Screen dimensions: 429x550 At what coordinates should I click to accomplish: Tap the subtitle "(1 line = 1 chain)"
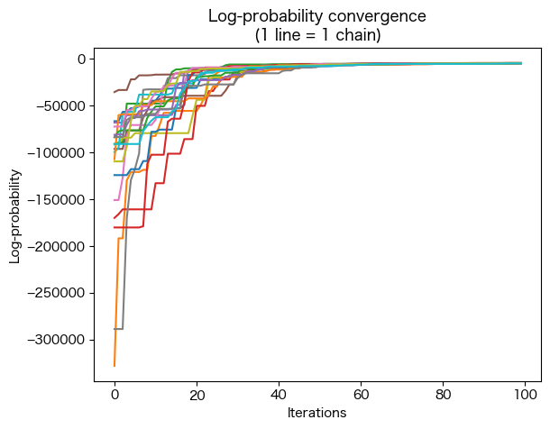click(x=316, y=35)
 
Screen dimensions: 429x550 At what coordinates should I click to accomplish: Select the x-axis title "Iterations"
click(x=316, y=413)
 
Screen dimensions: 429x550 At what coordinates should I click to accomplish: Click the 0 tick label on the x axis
click(x=115, y=394)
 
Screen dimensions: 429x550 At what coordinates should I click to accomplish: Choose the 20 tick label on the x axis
click(x=197, y=394)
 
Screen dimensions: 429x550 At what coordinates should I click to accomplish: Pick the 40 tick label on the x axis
click(x=279, y=394)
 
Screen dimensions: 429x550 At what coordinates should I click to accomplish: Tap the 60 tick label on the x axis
click(x=361, y=394)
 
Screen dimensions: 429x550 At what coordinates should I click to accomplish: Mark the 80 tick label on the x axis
click(x=443, y=394)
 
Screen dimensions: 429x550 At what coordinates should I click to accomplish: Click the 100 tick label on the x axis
click(x=525, y=394)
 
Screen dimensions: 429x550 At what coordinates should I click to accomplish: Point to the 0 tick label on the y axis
click(x=80, y=59)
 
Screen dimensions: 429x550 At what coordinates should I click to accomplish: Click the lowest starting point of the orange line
click(x=115, y=366)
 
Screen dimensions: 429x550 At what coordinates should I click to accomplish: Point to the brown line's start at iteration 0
click(x=115, y=92)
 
